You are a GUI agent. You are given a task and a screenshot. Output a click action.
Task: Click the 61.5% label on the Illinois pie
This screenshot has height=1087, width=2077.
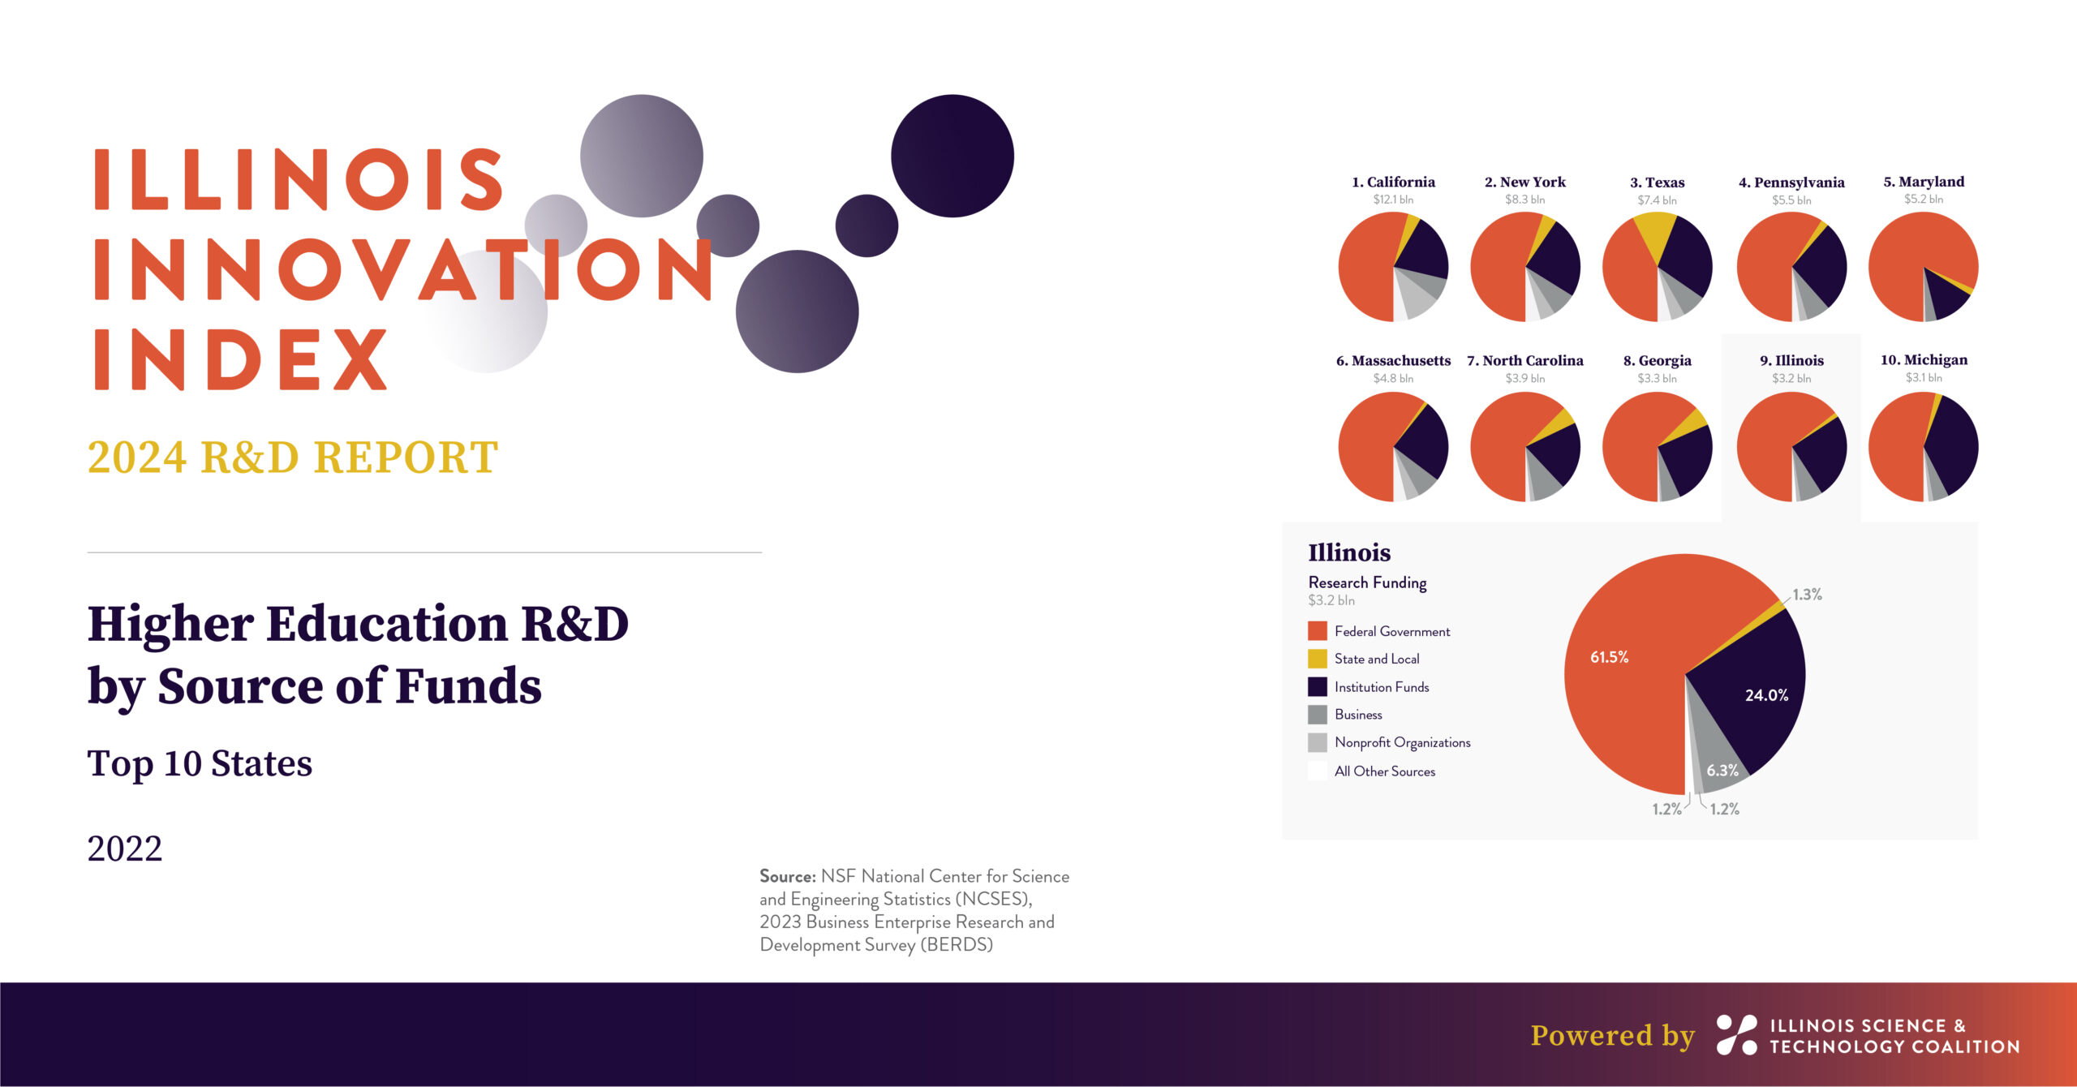click(x=1609, y=657)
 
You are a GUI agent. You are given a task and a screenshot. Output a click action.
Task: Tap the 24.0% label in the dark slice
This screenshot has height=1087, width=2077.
click(x=1766, y=695)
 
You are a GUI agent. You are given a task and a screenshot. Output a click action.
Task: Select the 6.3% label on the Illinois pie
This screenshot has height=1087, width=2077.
click(x=1722, y=771)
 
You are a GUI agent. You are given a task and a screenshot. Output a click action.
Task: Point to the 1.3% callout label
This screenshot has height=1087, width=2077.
click(x=1807, y=595)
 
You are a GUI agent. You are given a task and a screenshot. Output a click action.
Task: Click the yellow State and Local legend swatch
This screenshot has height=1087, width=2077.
click(x=1318, y=659)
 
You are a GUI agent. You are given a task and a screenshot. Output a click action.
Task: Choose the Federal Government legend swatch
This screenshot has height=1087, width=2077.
click(x=1318, y=630)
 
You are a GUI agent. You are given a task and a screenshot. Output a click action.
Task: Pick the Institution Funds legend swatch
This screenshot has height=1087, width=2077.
click(x=1318, y=686)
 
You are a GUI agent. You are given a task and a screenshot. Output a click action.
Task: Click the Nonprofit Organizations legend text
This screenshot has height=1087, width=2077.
click(x=1402, y=742)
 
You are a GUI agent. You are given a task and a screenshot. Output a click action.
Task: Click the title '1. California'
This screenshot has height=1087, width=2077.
click(x=1393, y=182)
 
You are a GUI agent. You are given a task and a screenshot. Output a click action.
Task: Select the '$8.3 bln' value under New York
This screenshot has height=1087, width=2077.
click(x=1524, y=200)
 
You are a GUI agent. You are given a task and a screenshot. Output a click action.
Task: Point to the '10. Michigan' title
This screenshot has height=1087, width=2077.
click(x=1924, y=359)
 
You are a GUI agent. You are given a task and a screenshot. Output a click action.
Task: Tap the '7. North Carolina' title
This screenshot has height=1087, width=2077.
click(x=1524, y=360)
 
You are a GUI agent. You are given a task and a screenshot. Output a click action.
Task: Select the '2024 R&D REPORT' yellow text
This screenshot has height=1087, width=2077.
click(x=292, y=457)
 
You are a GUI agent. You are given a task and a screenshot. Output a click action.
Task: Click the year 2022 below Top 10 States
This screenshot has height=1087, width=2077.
click(x=124, y=849)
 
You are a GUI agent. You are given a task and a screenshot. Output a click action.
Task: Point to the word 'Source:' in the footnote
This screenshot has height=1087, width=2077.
click(x=787, y=876)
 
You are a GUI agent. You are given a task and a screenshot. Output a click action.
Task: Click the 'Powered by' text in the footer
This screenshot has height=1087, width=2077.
click(x=1612, y=1035)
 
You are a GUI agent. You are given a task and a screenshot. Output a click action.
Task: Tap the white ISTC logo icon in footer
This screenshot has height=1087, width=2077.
click(x=1737, y=1034)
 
